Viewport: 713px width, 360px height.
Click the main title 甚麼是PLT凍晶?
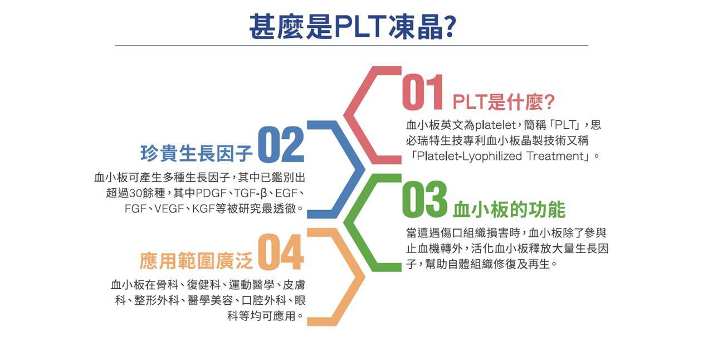[353, 27]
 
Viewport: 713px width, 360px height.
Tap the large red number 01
[422, 92]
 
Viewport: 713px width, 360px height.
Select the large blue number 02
[281, 144]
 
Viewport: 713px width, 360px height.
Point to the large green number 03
[424, 199]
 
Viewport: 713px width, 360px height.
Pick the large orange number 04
[280, 252]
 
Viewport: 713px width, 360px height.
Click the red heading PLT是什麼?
[504, 102]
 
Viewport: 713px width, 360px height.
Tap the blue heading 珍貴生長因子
[197, 153]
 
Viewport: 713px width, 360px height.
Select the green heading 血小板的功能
[509, 210]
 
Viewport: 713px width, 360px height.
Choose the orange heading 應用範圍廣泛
[196, 261]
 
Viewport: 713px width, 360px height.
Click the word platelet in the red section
[495, 125]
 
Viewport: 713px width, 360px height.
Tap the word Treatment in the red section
[556, 156]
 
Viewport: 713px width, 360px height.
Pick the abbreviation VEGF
[169, 208]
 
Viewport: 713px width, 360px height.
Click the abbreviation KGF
[204, 208]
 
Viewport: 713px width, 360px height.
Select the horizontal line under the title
[351, 46]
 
